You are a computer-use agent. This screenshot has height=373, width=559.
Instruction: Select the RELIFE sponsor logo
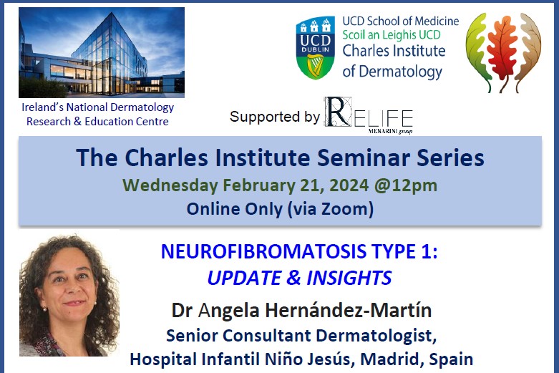coord(368,115)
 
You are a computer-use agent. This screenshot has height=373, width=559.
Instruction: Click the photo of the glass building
coord(102,52)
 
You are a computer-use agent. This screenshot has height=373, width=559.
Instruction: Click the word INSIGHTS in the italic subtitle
coord(349,277)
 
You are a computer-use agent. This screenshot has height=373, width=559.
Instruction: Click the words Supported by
coord(275,117)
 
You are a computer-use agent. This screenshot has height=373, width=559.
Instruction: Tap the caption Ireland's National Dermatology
coord(97,107)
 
